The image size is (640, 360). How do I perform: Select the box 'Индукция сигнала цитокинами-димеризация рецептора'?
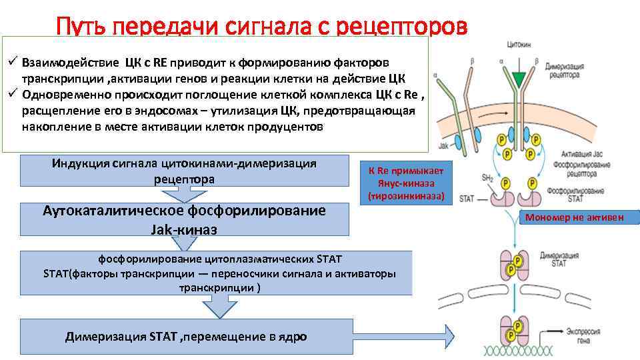click(184, 171)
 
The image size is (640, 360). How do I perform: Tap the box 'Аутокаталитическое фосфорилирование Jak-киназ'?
click(184, 219)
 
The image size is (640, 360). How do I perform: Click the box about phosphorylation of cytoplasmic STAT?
click(217, 272)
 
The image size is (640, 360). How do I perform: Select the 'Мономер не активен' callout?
click(579, 217)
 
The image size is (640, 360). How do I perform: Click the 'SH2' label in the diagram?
click(487, 177)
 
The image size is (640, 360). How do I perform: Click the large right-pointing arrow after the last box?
click(440, 333)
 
